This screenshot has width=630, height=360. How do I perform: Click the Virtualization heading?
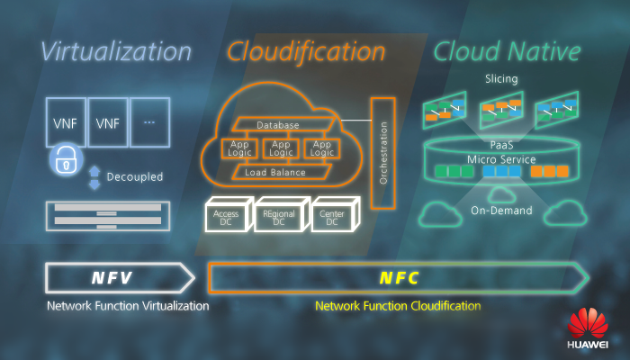116,52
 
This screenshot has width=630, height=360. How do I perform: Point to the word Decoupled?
134,177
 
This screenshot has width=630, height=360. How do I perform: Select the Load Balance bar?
274,172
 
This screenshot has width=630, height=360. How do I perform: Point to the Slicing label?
501,79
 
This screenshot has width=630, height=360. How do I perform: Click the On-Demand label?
501,211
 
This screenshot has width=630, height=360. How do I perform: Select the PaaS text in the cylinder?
501,145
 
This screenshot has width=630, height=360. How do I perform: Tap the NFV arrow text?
112,278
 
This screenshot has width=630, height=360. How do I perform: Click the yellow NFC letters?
398,278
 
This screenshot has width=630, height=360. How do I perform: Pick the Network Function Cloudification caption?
397,306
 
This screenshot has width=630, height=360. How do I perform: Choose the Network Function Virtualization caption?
128,306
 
